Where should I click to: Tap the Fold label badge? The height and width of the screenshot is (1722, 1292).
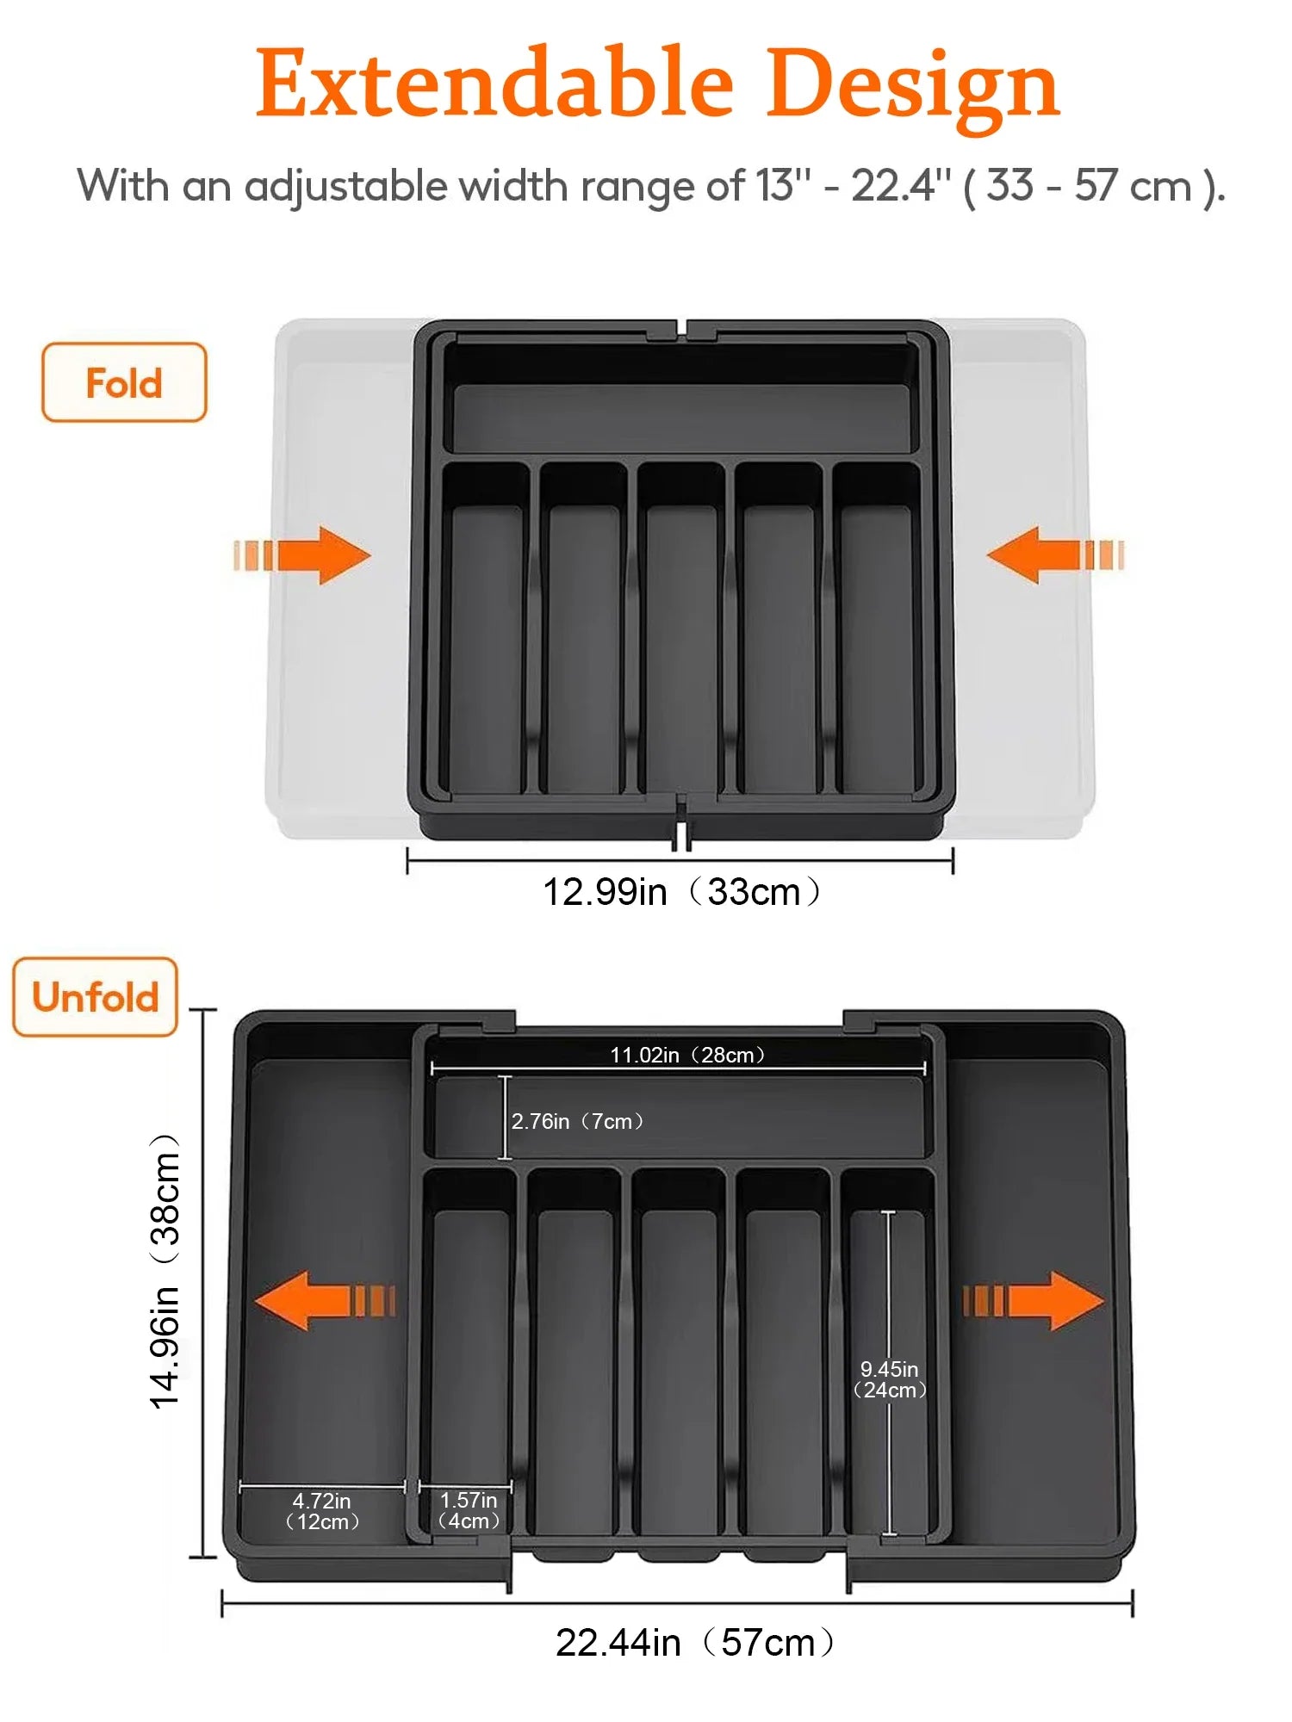tap(124, 383)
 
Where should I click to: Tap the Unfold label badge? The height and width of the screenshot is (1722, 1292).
tap(96, 997)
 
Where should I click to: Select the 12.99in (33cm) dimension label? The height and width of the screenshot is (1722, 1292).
tap(680, 892)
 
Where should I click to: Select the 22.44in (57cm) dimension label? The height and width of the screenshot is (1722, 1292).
tap(694, 1643)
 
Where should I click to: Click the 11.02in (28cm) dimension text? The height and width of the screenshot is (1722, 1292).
tap(686, 1055)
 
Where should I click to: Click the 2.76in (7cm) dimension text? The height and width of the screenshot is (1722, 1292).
tap(577, 1121)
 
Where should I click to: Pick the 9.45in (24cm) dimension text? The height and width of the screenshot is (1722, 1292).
tap(890, 1379)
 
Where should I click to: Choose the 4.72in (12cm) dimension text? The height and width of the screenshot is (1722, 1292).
tap(321, 1511)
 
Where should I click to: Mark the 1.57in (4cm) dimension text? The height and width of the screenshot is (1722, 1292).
tap(468, 1510)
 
